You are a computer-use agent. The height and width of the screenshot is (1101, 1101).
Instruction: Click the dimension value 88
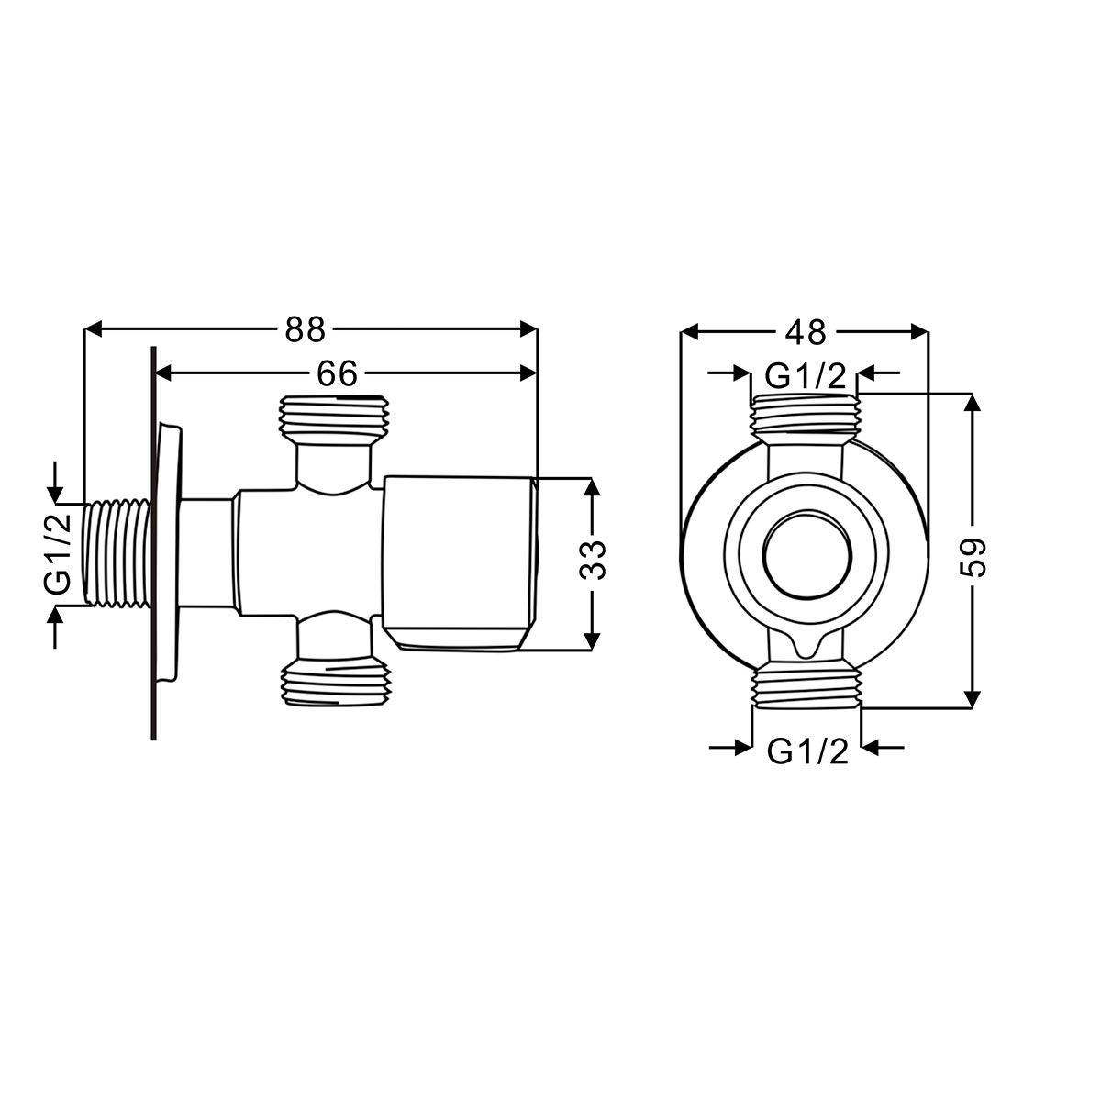pyautogui.click(x=306, y=329)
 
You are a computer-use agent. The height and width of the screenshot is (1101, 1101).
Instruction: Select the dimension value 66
pyautogui.click(x=337, y=374)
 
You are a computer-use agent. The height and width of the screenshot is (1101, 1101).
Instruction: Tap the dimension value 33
pyautogui.click(x=593, y=561)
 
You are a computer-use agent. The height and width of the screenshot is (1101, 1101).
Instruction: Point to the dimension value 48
pyautogui.click(x=805, y=332)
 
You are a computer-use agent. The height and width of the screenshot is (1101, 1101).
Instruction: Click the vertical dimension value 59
pyautogui.click(x=973, y=558)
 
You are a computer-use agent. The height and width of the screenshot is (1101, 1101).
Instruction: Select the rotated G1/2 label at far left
pyautogui.click(x=57, y=553)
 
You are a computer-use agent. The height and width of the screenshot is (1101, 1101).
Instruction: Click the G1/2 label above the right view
pyautogui.click(x=805, y=376)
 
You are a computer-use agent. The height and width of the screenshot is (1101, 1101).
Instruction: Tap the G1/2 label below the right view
pyautogui.click(x=807, y=752)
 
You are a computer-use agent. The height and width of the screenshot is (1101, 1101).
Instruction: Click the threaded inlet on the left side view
pyautogui.click(x=118, y=553)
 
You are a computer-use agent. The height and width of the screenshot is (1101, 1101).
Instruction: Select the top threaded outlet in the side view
pyautogui.click(x=334, y=420)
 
